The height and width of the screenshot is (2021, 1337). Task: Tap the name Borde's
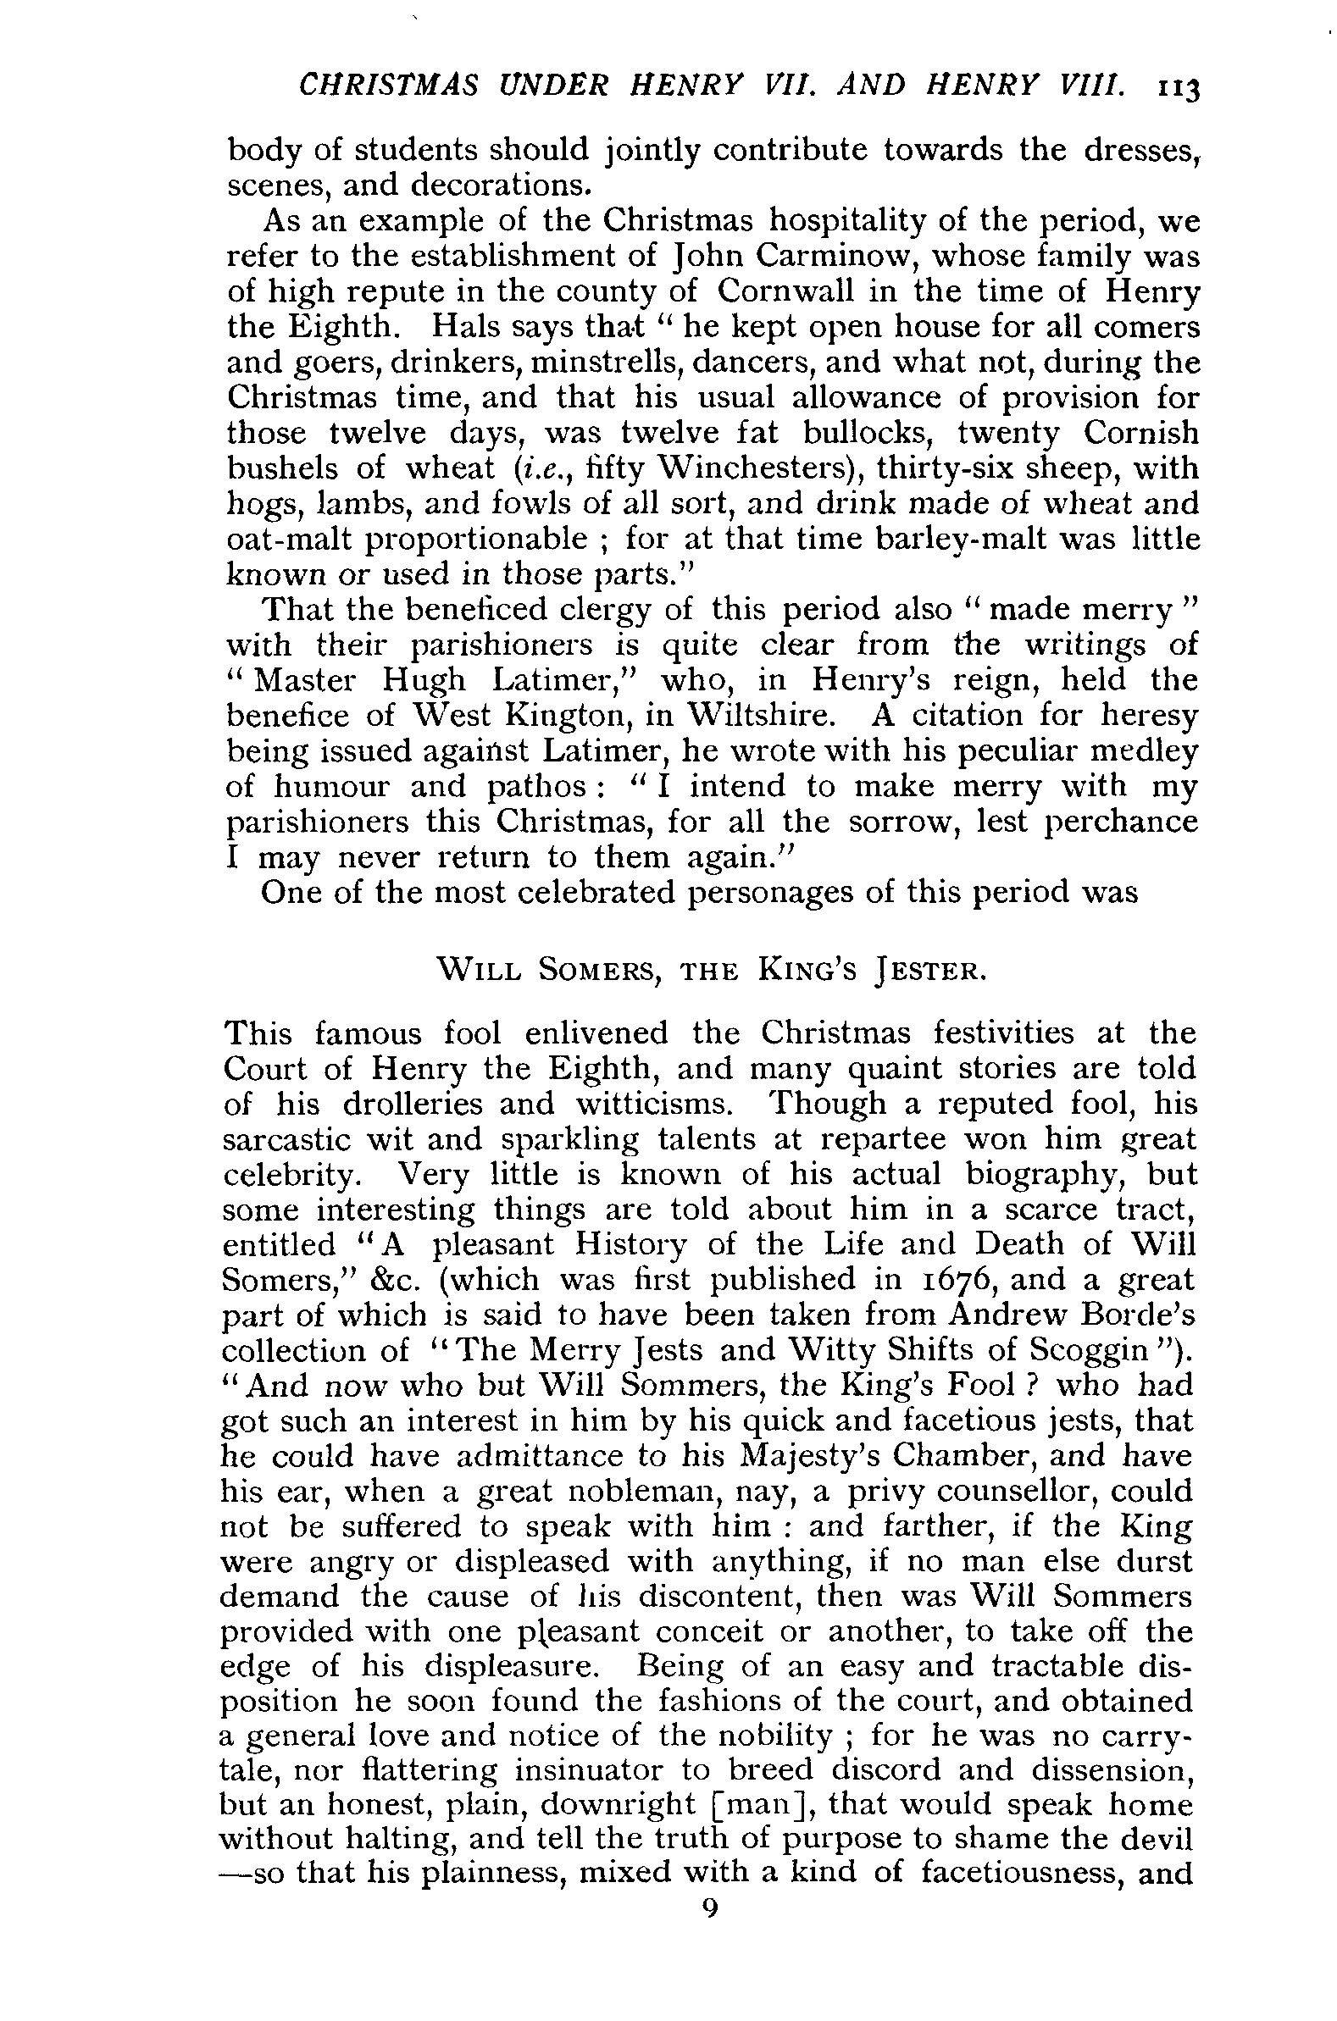pyautogui.click(x=1148, y=1315)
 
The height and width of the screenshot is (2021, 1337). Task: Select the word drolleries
pyautogui.click(x=413, y=1104)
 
